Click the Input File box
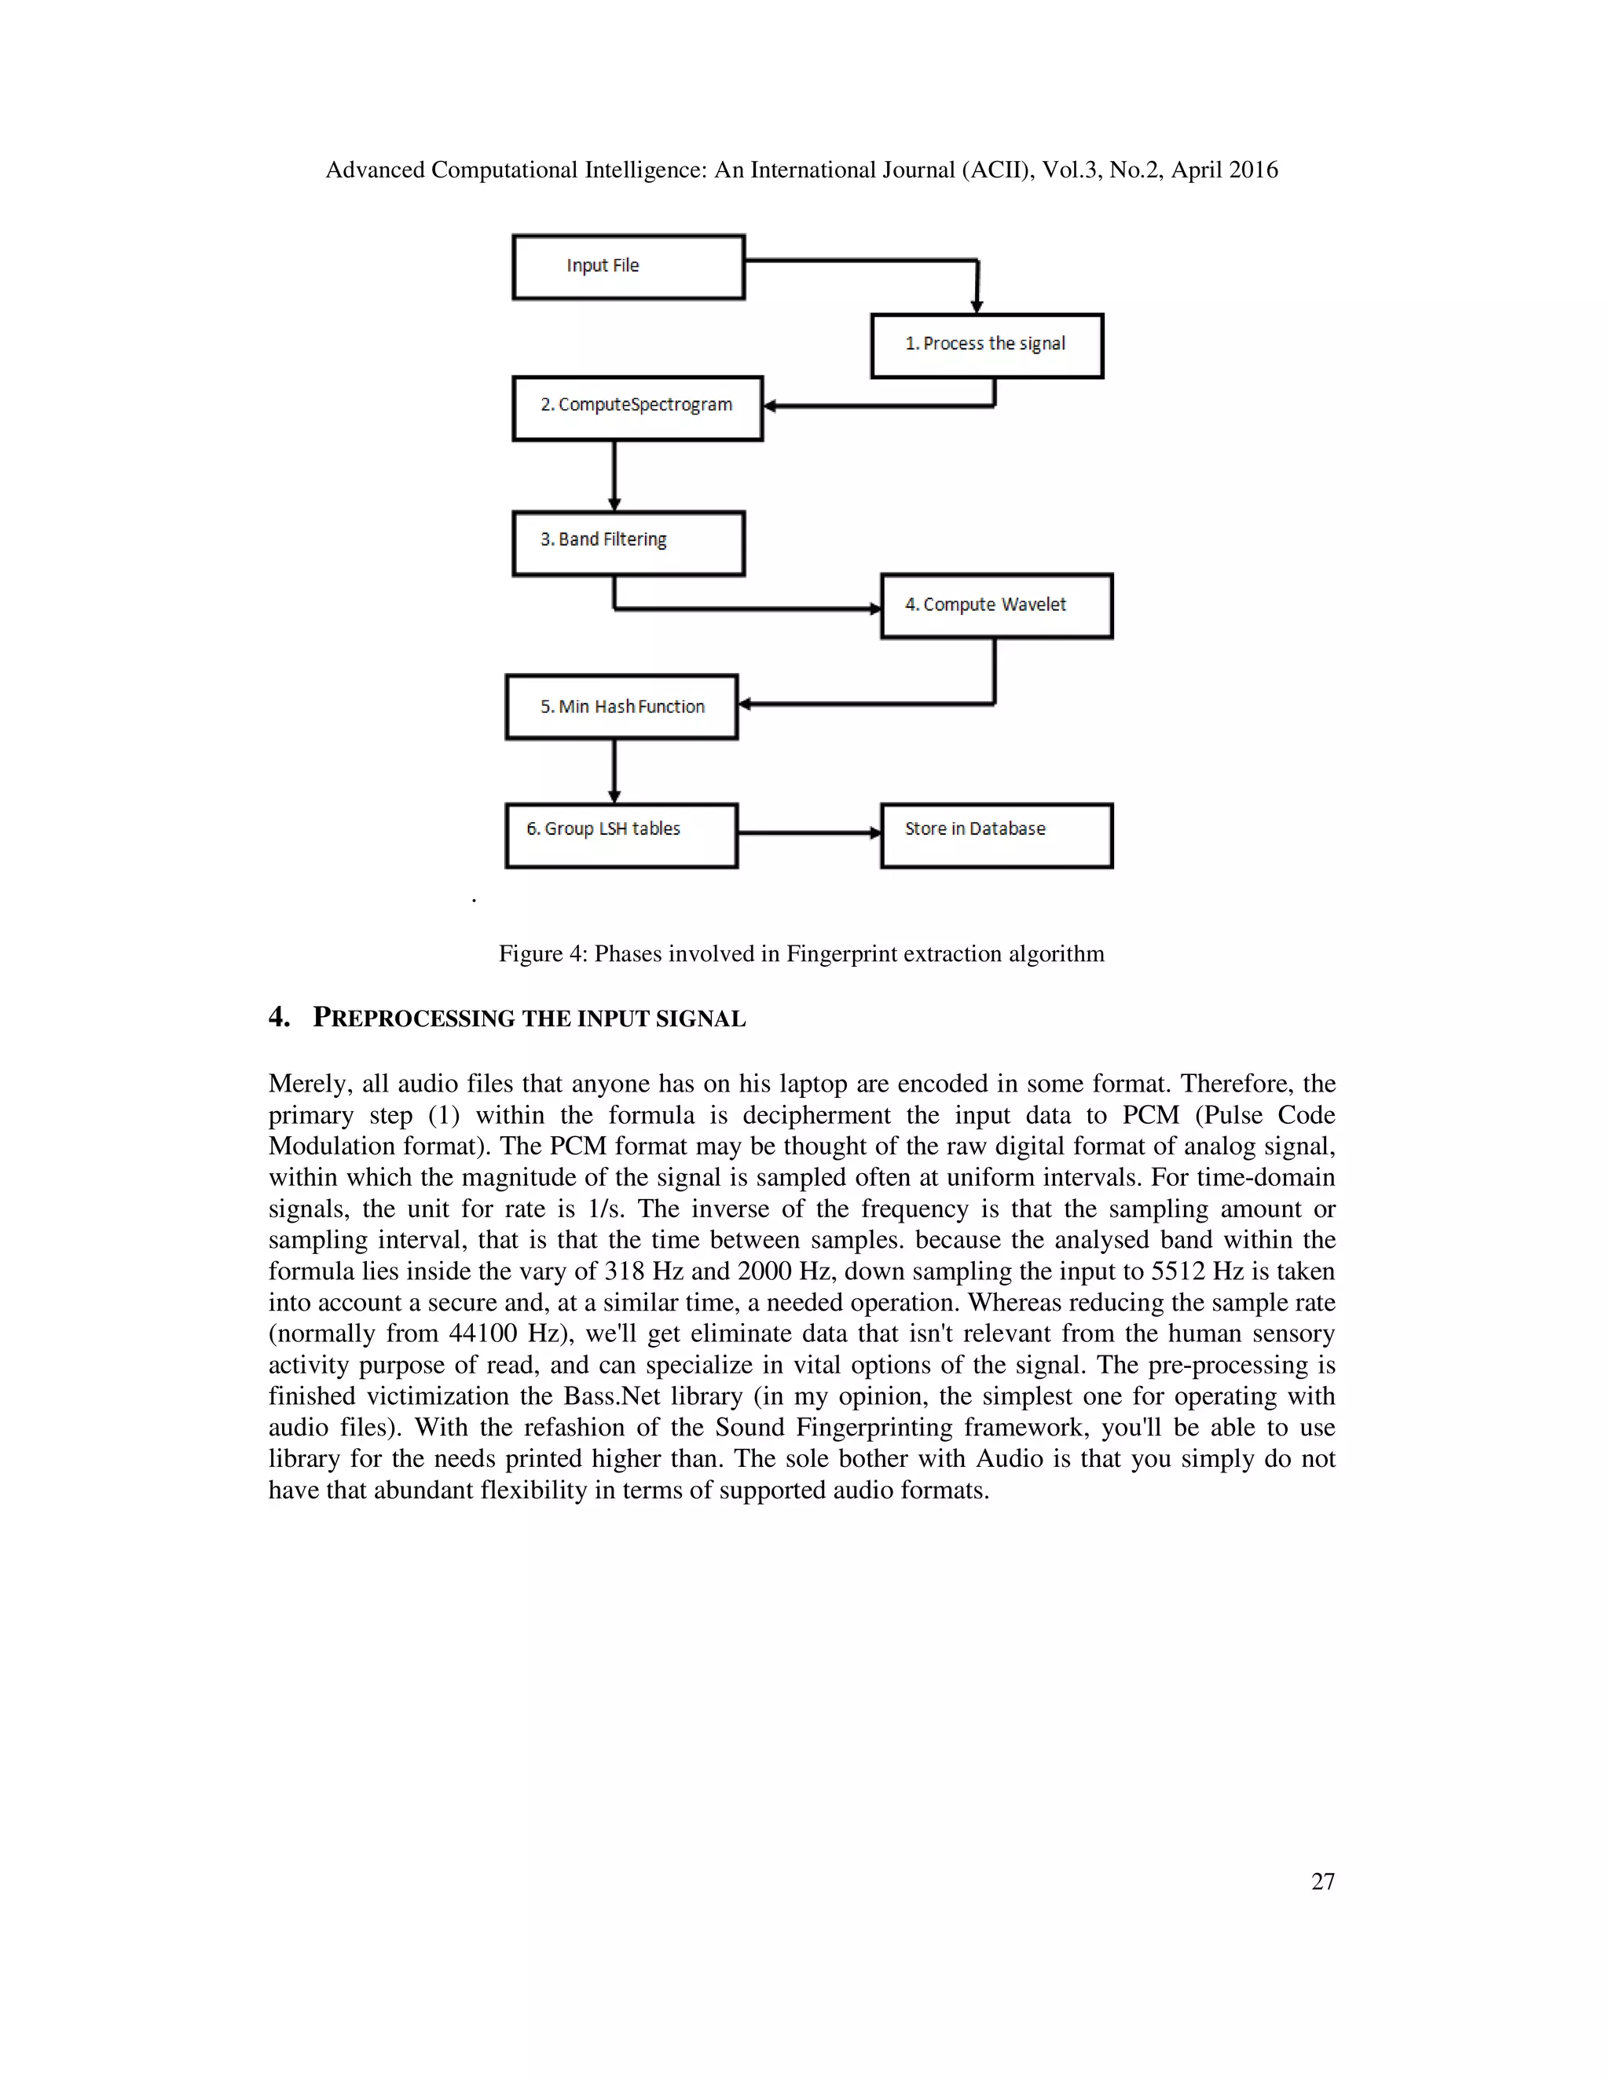click(x=629, y=267)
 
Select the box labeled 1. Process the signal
click(x=987, y=345)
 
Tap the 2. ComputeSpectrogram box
click(x=636, y=408)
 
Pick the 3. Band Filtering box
click(x=629, y=543)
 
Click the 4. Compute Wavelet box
click(x=996, y=606)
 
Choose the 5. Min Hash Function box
click(x=621, y=707)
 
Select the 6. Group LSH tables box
click(x=621, y=836)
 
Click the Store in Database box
click(x=996, y=836)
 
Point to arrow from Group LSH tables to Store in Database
click(x=808, y=832)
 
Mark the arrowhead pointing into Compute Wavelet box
click(x=875, y=609)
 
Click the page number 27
click(x=1322, y=1881)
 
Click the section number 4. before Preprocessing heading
click(x=278, y=1017)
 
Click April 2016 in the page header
click(x=1224, y=170)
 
